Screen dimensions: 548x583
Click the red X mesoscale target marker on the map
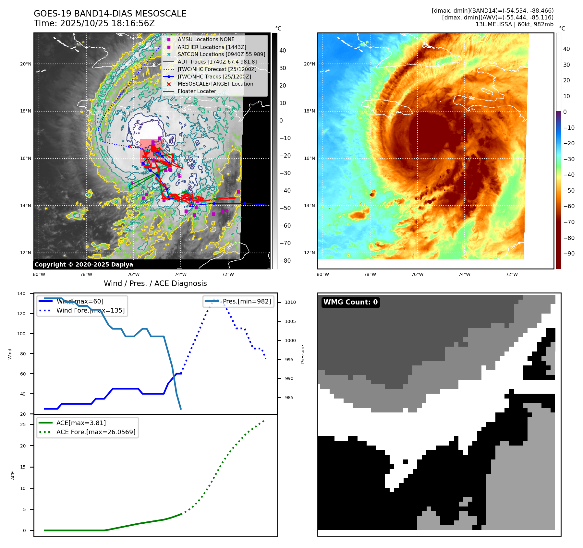130,146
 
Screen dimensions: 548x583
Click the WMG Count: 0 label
350,302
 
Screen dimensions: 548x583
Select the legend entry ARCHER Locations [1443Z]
212,47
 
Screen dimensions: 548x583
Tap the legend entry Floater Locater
197,91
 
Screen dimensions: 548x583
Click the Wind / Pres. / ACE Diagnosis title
155,283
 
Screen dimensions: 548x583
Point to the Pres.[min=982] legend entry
247,301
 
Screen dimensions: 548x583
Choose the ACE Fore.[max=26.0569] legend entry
96,432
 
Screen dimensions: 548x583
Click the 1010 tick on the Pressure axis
290,302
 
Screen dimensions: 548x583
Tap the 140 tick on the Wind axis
21,293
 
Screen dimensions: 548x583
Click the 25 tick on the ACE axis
23,424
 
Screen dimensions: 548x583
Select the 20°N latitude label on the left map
26,64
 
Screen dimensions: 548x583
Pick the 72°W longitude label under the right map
512,274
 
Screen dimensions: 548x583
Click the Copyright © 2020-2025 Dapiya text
84,265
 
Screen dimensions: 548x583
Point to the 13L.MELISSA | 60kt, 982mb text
514,24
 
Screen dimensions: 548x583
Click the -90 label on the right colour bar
569,254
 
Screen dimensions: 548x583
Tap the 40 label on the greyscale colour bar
283,51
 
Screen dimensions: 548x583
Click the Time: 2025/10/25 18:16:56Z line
94,23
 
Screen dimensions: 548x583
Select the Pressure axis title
303,354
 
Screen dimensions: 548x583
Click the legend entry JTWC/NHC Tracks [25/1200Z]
214,77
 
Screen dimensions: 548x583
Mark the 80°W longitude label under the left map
39,274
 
